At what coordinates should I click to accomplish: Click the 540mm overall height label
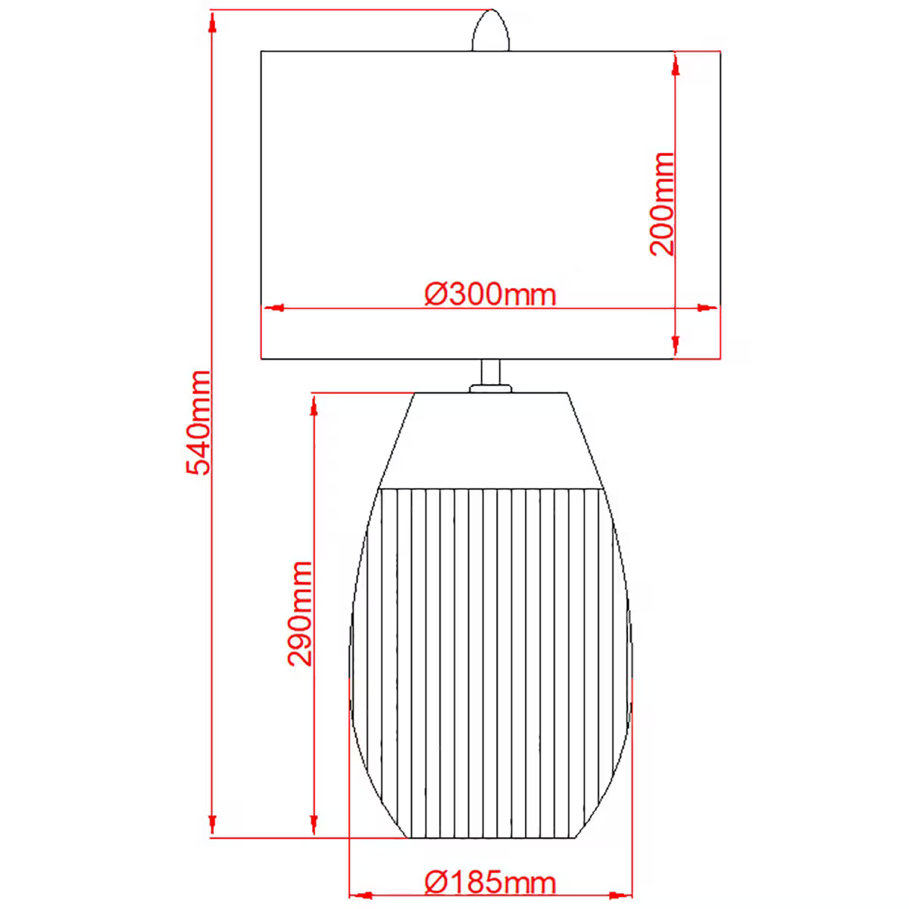click(x=198, y=423)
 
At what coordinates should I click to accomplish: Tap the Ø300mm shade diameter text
click(x=490, y=294)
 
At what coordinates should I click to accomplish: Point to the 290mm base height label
click(x=300, y=614)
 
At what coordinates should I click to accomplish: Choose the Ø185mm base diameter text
click(x=490, y=882)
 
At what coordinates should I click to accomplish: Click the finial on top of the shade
click(x=491, y=31)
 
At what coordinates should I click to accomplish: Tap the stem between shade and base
click(x=491, y=372)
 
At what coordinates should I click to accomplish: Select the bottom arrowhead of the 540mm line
click(x=212, y=826)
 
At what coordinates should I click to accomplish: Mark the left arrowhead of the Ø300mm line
click(x=273, y=308)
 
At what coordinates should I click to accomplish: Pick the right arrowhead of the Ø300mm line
click(x=707, y=308)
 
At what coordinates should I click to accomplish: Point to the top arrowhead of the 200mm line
click(x=674, y=64)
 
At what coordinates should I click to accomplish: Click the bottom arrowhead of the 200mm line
click(x=674, y=346)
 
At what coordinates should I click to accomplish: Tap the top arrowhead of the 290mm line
click(x=313, y=405)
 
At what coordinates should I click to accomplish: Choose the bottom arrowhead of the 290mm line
click(x=313, y=826)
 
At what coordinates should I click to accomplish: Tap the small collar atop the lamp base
click(x=491, y=389)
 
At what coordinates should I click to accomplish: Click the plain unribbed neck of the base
click(x=491, y=439)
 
